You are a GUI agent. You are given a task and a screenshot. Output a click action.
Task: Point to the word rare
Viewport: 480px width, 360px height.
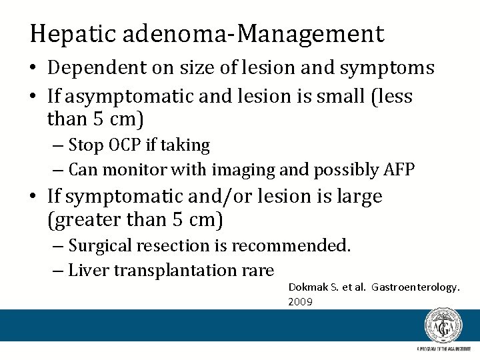(x=259, y=270)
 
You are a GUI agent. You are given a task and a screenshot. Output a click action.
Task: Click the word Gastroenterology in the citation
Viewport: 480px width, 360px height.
(x=416, y=287)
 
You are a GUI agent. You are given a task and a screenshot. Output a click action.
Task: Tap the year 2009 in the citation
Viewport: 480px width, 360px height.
(x=300, y=301)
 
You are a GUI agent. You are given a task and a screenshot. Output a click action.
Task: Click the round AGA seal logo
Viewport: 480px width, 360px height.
(x=443, y=325)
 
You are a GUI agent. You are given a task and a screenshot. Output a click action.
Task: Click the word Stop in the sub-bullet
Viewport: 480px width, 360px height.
(x=83, y=145)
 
